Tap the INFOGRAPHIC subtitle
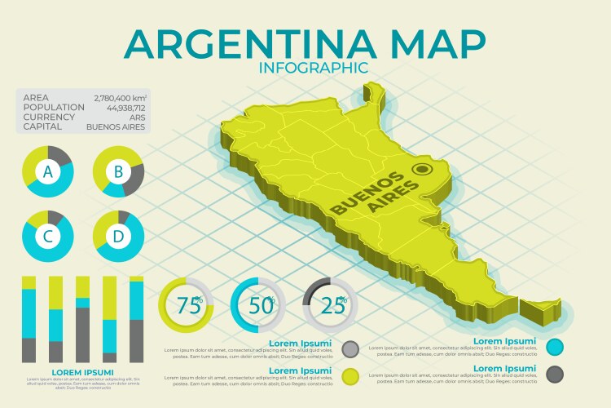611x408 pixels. click(313, 68)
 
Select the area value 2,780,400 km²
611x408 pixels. click(120, 96)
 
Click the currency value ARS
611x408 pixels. click(138, 117)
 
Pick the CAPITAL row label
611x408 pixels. click(42, 126)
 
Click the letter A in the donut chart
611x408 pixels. click(48, 171)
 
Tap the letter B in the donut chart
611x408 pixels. click(118, 171)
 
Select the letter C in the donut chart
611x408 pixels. click(48, 237)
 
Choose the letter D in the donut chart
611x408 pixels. click(118, 237)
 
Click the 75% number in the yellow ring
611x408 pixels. click(189, 306)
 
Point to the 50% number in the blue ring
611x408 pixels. click(261, 306)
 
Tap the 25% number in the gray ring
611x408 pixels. click(332, 306)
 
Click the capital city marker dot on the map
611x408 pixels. click(422, 170)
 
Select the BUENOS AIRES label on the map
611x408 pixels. click(375, 194)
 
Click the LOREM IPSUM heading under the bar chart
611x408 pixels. click(81, 372)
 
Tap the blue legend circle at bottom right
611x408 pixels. click(556, 347)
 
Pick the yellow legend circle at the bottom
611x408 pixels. click(351, 376)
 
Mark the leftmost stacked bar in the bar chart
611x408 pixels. click(29, 319)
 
